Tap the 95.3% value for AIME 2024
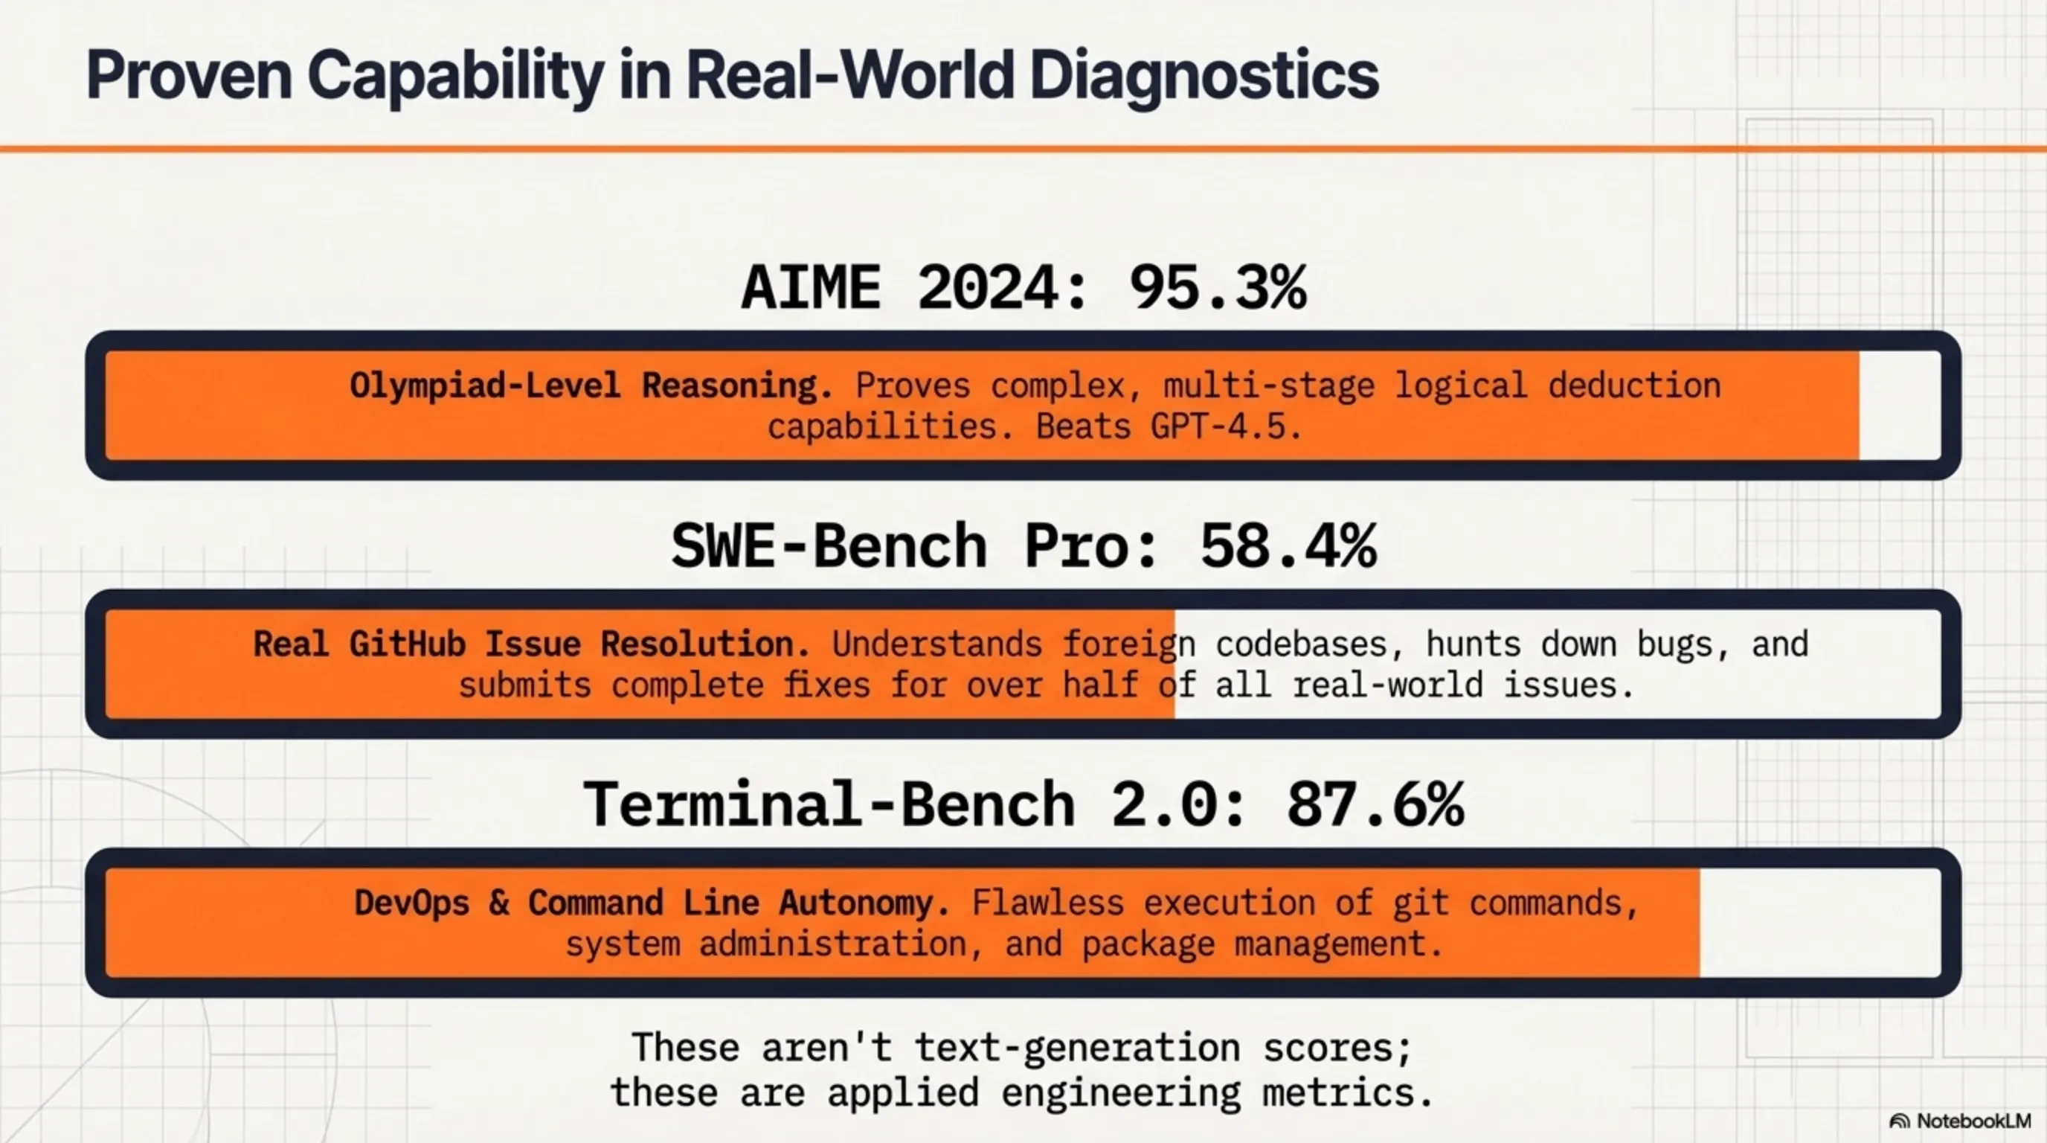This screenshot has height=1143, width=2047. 1217,288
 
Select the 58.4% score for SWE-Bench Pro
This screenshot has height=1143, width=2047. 1288,547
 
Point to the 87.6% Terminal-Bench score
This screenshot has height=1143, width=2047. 1375,805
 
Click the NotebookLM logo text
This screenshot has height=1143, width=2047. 1973,1121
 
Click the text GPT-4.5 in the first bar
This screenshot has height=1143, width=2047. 1225,428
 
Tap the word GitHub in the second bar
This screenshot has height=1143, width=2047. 407,644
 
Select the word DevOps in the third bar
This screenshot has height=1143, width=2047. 411,903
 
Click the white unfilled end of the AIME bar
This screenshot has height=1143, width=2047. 1899,406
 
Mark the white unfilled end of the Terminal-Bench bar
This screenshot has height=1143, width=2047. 1819,923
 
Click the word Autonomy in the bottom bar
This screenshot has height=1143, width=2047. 864,903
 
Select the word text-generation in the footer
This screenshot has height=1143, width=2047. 1078,1048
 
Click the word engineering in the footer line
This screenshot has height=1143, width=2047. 1120,1093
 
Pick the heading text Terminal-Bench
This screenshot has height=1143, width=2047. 829,805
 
